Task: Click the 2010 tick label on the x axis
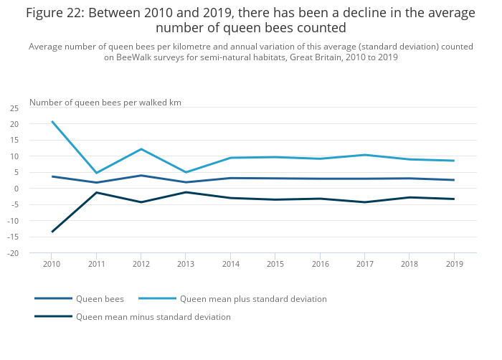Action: (52, 265)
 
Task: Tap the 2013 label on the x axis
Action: (186, 265)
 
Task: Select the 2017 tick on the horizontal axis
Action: (364, 265)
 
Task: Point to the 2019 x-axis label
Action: (454, 265)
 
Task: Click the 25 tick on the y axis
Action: (14, 108)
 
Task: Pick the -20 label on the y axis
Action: (14, 253)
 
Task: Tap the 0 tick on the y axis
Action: (16, 189)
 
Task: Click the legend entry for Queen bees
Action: (100, 299)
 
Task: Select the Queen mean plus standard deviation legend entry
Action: (253, 299)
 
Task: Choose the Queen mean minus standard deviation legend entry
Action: (153, 317)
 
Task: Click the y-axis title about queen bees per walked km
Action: (105, 103)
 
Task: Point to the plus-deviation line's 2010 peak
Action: (52, 121)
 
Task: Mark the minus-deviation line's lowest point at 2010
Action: (52, 232)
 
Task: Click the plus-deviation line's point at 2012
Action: (141, 149)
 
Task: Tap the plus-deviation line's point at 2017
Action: (364, 155)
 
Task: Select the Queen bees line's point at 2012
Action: (141, 176)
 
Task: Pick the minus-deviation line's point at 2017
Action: (364, 202)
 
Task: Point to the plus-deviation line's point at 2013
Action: (186, 172)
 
